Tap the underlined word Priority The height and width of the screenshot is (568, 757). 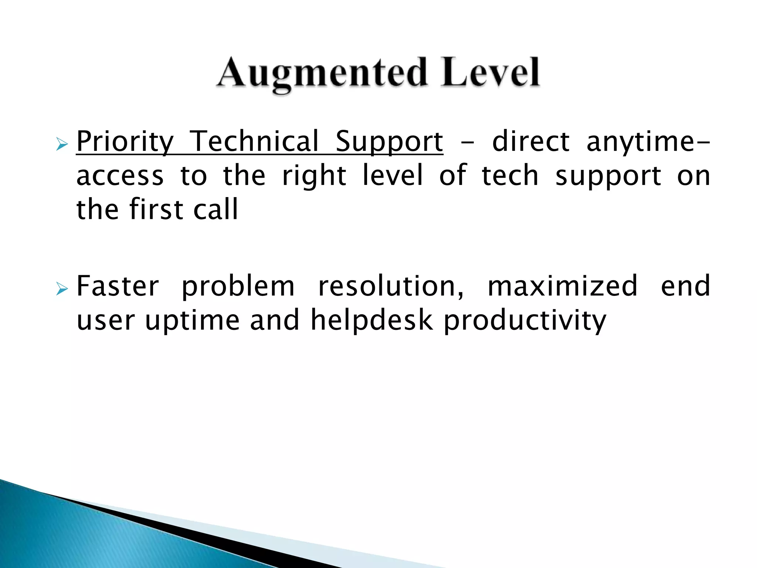point(125,142)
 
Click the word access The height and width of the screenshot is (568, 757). point(120,176)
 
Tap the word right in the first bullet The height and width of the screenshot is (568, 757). point(314,176)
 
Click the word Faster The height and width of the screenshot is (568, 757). point(118,286)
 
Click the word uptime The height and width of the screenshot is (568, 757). point(192,320)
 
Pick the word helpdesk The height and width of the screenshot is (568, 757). point(371,320)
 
